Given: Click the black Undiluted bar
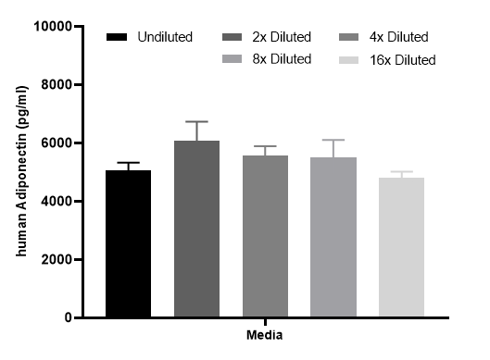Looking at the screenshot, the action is click(x=128, y=243).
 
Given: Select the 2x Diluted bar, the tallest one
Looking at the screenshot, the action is click(x=197, y=229).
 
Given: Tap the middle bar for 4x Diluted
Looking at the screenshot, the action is click(x=265, y=236).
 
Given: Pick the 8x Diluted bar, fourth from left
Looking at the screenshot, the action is click(x=333, y=237).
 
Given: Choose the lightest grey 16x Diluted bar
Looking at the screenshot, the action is click(x=402, y=247).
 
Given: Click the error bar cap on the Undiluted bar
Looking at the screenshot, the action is click(x=128, y=163).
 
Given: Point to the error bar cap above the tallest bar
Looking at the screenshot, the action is click(x=197, y=121).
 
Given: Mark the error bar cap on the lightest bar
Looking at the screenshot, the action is click(x=402, y=172).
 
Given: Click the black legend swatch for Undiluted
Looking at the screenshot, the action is click(x=117, y=37).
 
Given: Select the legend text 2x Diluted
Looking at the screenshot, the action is click(x=282, y=37).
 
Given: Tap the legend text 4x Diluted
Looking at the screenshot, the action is click(x=398, y=37).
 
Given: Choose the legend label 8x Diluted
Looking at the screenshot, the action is click(x=282, y=59).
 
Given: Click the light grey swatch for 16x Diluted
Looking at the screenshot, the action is click(x=349, y=60).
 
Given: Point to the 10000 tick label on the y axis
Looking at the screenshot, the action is click(x=53, y=26).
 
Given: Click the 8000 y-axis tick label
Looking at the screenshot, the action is click(x=57, y=84).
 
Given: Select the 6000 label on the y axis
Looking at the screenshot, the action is click(x=57, y=143).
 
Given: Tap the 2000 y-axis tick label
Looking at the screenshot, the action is click(x=57, y=259).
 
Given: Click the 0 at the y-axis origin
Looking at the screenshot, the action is click(x=69, y=317).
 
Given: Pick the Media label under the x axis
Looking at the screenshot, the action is click(x=265, y=335).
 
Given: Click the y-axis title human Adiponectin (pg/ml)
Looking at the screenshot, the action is click(x=22, y=171).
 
